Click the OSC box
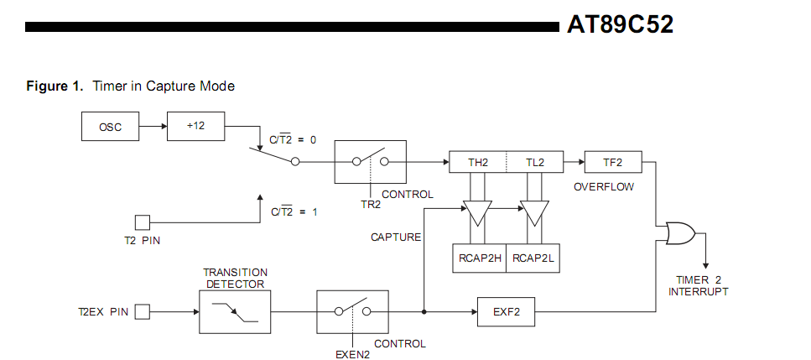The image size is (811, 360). [110, 126]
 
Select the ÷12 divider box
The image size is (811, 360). [195, 126]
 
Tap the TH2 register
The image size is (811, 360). [478, 162]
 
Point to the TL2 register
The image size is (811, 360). [535, 162]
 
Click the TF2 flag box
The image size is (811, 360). [613, 162]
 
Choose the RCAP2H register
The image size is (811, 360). [480, 258]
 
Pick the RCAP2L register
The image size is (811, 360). [533, 258]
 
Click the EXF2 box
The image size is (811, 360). [506, 311]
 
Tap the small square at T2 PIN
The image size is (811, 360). [143, 222]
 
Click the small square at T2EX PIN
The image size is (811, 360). [143, 312]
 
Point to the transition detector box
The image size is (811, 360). [235, 311]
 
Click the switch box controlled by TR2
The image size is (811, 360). [371, 162]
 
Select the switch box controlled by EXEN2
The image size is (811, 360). [353, 311]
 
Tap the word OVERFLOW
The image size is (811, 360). [604, 187]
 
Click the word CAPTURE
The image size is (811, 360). [396, 237]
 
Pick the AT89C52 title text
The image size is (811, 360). [620, 24]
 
